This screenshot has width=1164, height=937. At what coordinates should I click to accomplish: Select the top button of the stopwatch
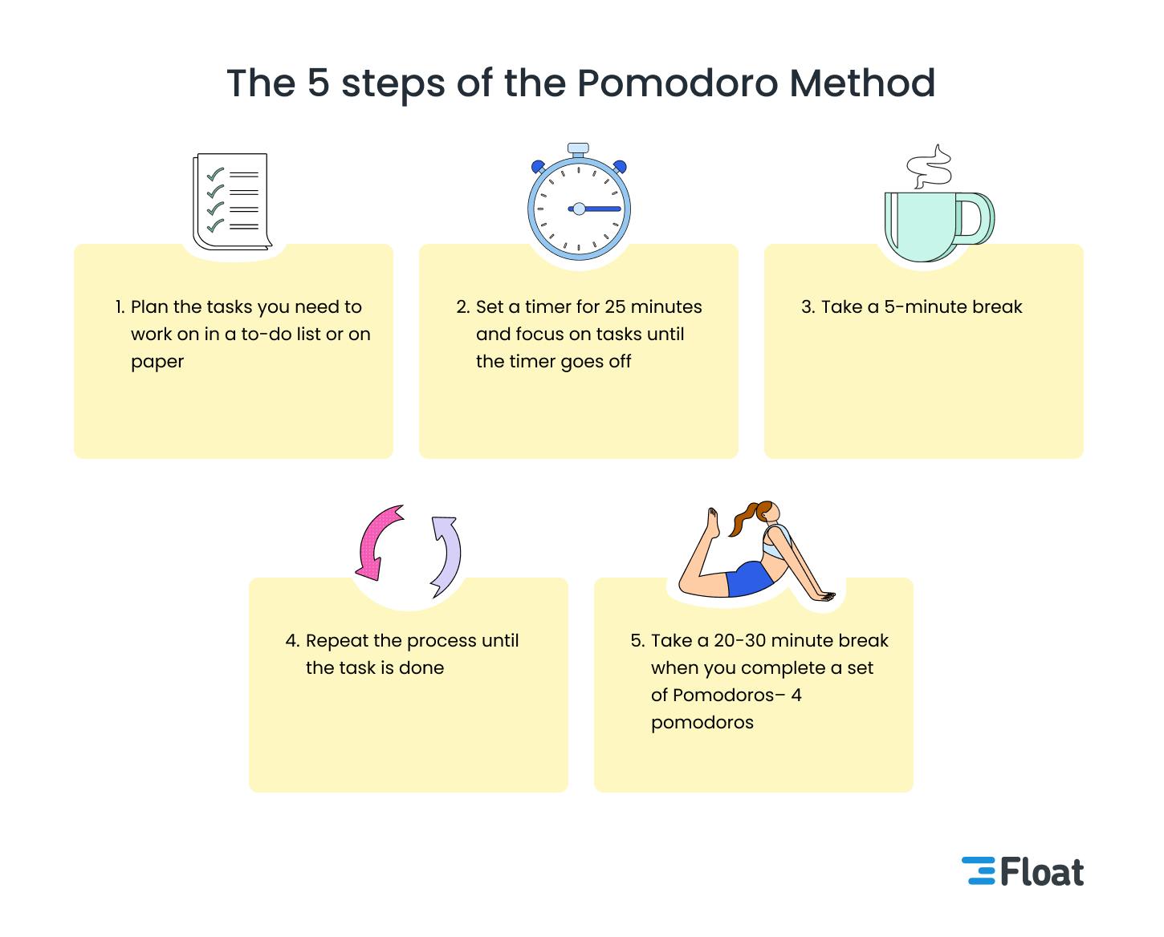point(578,149)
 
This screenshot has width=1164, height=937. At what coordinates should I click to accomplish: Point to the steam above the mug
point(930,168)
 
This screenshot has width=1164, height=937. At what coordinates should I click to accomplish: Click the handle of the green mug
point(976,219)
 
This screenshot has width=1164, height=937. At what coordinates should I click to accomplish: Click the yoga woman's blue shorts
point(747,578)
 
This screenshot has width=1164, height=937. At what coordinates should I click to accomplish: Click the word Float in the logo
point(1042,872)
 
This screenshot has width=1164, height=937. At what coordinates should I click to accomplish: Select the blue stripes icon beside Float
point(979,871)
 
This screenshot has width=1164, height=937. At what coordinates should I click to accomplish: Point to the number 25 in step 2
point(615,307)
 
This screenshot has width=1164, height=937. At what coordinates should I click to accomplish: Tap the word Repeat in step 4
point(337,641)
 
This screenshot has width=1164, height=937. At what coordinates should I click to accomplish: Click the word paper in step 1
point(157,362)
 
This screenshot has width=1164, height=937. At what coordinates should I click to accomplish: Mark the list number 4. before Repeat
point(292,641)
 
